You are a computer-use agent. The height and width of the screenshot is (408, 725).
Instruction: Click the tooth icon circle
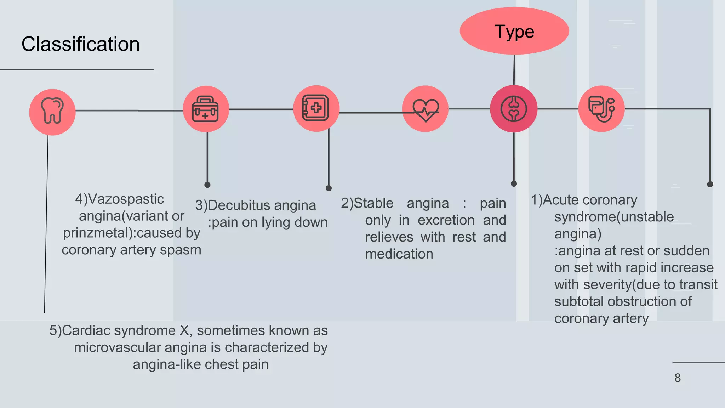(x=52, y=112)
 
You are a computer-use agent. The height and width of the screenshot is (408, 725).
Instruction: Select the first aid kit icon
(x=206, y=109)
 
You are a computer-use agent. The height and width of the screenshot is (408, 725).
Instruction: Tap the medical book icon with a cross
(x=316, y=108)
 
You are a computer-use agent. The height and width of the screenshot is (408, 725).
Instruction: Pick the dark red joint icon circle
(x=514, y=109)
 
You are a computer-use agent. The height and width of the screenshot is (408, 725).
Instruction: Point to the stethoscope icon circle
(x=601, y=109)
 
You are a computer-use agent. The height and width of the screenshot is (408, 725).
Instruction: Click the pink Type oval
(x=514, y=31)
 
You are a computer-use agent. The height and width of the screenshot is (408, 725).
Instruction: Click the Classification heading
(x=80, y=44)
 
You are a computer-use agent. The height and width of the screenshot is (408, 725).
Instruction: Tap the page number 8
(x=677, y=378)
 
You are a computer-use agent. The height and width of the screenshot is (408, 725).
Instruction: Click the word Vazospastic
(x=126, y=199)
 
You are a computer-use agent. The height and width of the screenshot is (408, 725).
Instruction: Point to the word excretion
(x=446, y=220)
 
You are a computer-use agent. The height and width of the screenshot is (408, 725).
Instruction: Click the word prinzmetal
(x=95, y=233)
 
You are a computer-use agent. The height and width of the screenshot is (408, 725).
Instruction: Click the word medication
(x=399, y=254)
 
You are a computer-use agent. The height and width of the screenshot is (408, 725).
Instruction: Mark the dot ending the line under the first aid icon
(x=207, y=185)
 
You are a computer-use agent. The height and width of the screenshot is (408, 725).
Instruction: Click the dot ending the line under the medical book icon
(x=329, y=188)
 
